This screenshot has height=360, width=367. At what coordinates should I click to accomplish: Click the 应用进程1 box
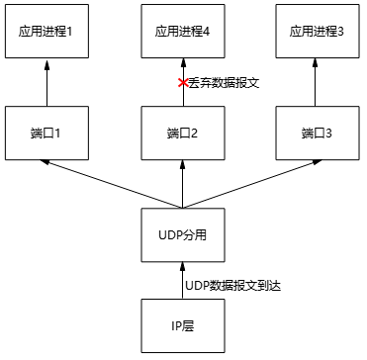tap(46, 32)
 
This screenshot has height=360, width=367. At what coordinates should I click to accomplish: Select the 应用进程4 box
tap(183, 32)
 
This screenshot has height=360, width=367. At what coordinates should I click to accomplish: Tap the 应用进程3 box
tap(317, 32)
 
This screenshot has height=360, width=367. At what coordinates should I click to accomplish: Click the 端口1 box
tap(46, 132)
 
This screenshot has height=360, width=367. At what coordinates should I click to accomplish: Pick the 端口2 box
tap(183, 132)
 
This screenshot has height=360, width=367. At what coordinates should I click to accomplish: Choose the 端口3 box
tap(317, 132)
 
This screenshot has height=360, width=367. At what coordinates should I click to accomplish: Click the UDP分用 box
tap(183, 236)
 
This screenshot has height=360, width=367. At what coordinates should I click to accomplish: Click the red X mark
tap(182, 84)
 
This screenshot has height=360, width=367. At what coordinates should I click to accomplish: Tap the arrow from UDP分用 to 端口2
tap(183, 183)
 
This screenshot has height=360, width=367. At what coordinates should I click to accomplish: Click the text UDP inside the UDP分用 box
tap(171, 236)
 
